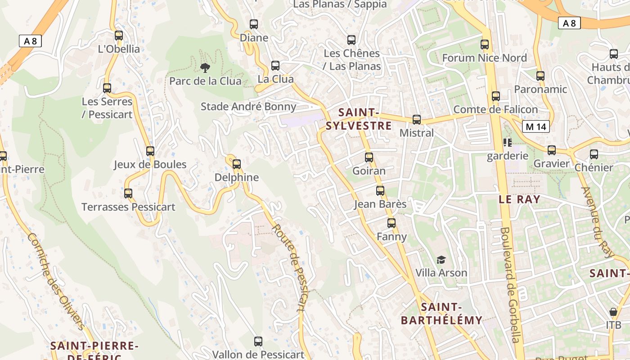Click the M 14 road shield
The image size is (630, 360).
tap(535, 127)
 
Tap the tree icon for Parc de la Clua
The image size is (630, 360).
tap(205, 68)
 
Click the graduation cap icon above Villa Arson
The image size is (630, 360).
tap(441, 260)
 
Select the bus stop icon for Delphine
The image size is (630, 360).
tap(236, 164)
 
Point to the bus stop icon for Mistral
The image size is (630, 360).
tap(417, 120)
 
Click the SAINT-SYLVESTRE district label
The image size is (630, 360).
tap(359, 119)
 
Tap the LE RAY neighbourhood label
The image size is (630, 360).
tap(519, 199)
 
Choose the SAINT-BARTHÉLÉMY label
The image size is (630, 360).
tap(441, 314)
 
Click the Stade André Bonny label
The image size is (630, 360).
tap(248, 107)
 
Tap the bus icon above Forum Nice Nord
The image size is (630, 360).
tap(484, 45)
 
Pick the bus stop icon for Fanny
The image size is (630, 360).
tap(391, 223)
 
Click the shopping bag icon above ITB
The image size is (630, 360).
tap(613, 311)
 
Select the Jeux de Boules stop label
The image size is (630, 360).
tap(150, 164)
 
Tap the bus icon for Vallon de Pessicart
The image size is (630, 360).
tap(258, 341)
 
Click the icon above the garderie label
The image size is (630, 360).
tap(508, 143)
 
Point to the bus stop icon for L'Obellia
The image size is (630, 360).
tap(119, 36)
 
